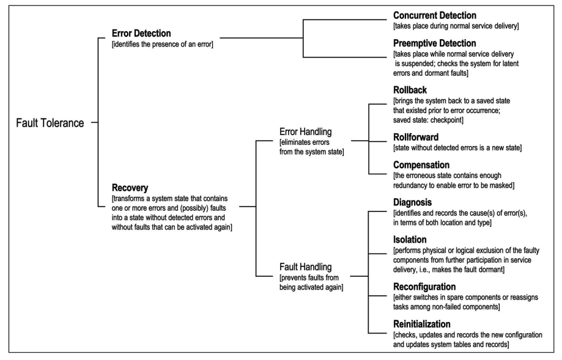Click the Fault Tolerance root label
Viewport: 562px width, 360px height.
pyautogui.click(x=50, y=123)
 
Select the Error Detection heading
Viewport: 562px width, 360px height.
pyautogui.click(x=141, y=34)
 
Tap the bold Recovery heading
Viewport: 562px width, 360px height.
pyautogui.click(x=130, y=188)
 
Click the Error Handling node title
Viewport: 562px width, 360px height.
pyautogui.click(x=305, y=132)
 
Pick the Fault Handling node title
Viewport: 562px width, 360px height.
pyautogui.click(x=305, y=267)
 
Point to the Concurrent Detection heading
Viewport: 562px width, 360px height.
pyautogui.click(x=434, y=15)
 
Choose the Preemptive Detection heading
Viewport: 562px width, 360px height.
pyautogui.click(x=434, y=43)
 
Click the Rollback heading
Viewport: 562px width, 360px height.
pyautogui.click(x=410, y=90)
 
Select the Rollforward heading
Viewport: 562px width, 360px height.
pyautogui.click(x=416, y=137)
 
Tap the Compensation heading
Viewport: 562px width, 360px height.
pyautogui.click(x=421, y=165)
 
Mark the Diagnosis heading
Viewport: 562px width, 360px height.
pyautogui.click(x=413, y=202)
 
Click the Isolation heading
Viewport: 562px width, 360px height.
pyautogui.click(x=410, y=240)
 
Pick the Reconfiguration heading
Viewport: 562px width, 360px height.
pyautogui.click(x=424, y=287)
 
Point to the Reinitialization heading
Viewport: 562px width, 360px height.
pyautogui.click(x=422, y=324)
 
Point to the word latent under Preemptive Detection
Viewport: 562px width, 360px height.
pyautogui.click(x=509, y=64)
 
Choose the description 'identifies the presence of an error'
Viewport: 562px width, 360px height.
pyautogui.click(x=163, y=45)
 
